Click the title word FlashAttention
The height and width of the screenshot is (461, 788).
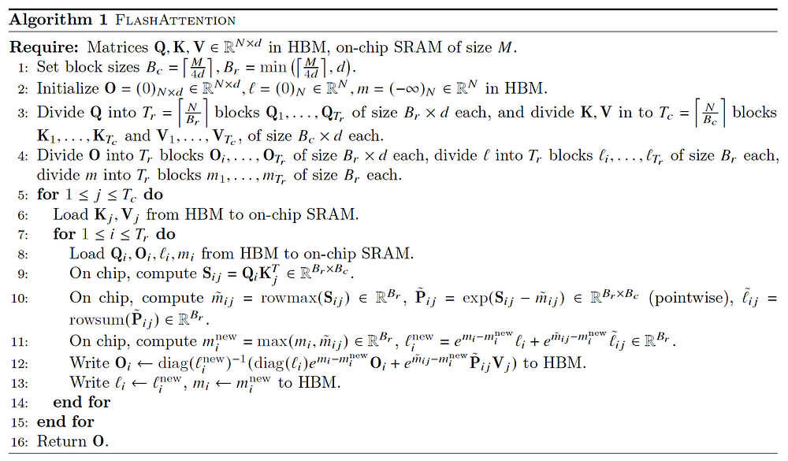click(x=175, y=20)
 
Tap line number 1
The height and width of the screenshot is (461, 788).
click(x=23, y=68)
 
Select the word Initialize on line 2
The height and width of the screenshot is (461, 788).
click(x=68, y=88)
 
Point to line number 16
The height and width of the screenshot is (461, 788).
click(x=20, y=442)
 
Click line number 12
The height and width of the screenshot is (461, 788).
click(x=20, y=364)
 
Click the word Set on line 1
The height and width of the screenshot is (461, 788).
click(x=48, y=67)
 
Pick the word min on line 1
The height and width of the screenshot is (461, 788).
click(x=273, y=67)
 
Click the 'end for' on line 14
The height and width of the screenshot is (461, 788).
click(x=81, y=402)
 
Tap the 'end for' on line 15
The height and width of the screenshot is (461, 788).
click(x=65, y=422)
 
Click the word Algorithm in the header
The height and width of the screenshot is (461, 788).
click(x=50, y=20)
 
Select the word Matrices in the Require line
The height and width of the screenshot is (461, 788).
click(x=118, y=47)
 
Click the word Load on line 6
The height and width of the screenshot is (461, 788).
click(x=71, y=214)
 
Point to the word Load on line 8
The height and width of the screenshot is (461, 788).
click(x=87, y=254)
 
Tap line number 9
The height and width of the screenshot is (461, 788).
click(x=23, y=274)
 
